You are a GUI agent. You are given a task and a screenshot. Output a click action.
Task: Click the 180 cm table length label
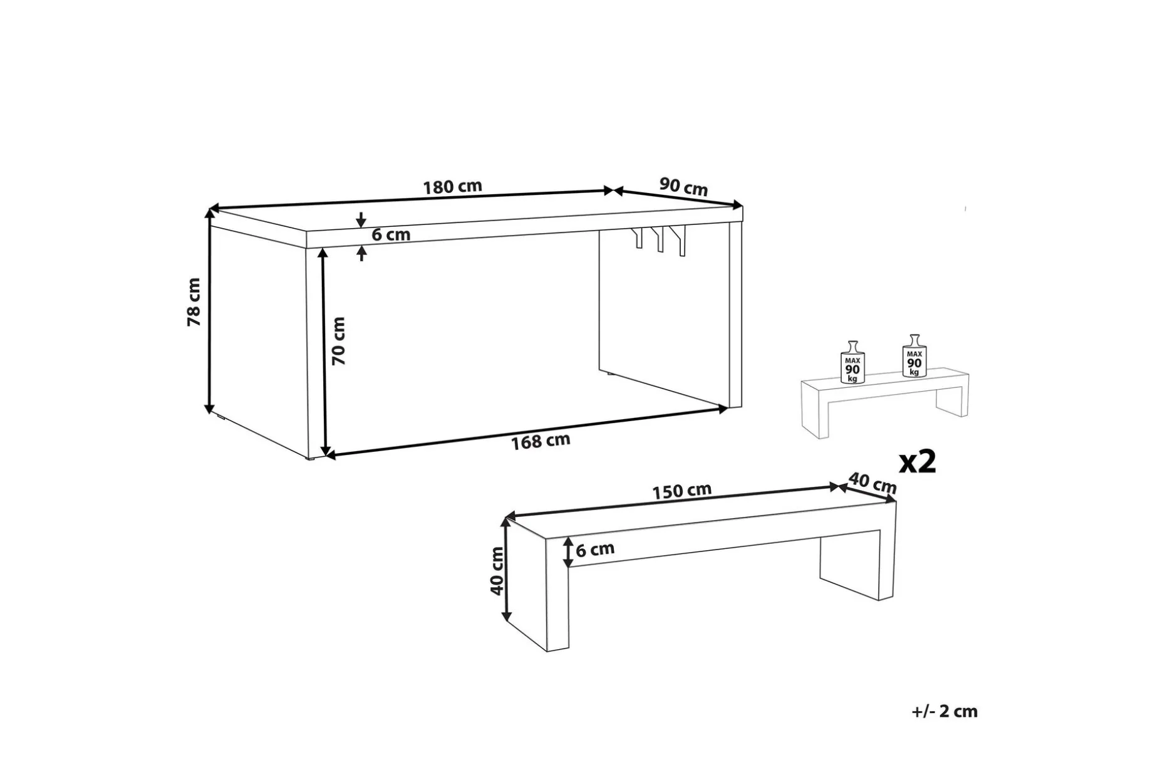click(452, 187)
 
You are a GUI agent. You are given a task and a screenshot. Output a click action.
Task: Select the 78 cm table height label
click(194, 302)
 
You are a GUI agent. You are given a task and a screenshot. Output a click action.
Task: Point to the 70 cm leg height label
click(338, 341)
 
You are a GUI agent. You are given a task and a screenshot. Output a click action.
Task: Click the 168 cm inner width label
click(541, 441)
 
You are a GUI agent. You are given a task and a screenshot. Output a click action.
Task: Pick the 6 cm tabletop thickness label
click(391, 235)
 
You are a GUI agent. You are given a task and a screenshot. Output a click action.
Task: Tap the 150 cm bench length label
click(682, 490)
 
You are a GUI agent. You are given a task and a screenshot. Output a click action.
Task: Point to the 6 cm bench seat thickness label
click(595, 550)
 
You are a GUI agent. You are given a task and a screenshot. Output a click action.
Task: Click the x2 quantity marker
click(918, 462)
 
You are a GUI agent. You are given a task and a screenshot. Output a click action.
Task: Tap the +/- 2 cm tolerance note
click(945, 711)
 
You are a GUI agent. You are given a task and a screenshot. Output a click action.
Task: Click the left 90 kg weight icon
click(852, 362)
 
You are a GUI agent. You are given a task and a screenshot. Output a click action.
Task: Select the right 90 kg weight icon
click(914, 356)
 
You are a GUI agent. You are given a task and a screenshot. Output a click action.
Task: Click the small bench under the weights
click(885, 404)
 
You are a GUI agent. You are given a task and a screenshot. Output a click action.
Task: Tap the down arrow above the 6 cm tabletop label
click(361, 220)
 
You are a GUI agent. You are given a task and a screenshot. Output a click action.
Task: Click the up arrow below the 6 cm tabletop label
click(361, 253)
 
